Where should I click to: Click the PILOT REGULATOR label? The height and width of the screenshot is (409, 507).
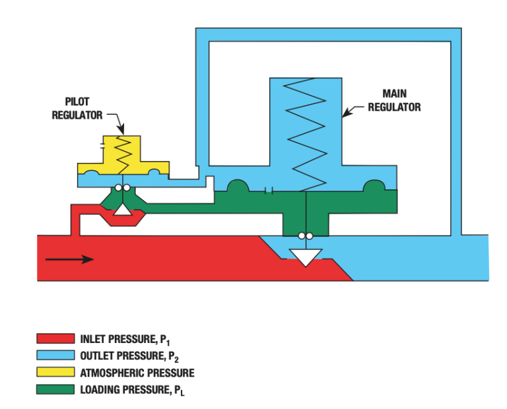coord(77,110)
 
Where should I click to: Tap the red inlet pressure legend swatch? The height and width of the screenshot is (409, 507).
coord(55,340)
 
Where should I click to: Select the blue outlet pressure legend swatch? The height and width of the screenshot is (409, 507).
coord(55,356)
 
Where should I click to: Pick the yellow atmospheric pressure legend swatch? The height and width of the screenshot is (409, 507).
coord(55,373)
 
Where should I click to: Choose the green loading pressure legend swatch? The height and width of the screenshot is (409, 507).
coord(55,389)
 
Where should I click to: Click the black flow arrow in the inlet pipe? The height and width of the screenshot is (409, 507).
coord(69,259)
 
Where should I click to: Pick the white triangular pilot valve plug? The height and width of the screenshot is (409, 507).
coord(122,210)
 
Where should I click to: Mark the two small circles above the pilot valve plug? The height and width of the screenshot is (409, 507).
coord(121,188)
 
